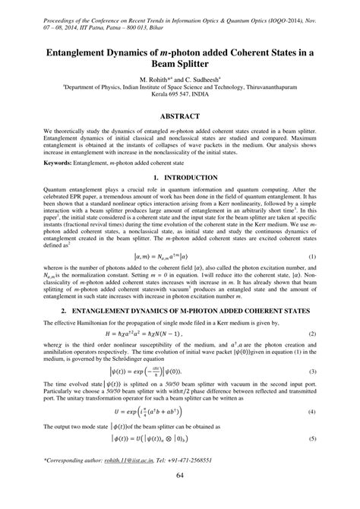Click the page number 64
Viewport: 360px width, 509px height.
tap(180, 497)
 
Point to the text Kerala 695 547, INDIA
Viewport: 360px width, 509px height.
tap(180, 96)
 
